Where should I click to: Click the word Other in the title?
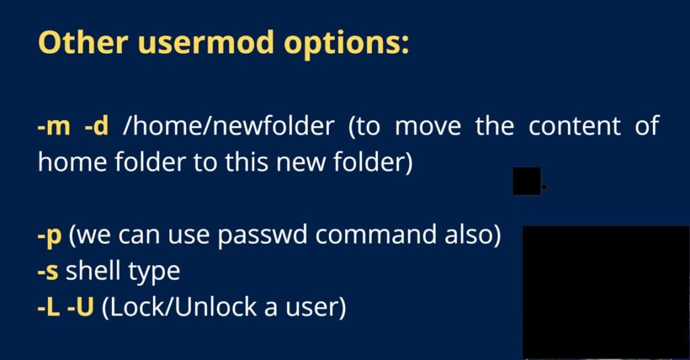(x=83, y=42)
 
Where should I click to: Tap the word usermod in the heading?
(x=206, y=42)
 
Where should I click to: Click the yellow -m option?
(x=54, y=126)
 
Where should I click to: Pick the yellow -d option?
(x=96, y=125)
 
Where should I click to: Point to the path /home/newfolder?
(x=229, y=125)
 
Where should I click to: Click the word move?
(x=428, y=126)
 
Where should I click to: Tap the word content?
(x=574, y=126)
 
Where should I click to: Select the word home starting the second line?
(x=72, y=162)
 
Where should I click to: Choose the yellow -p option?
(x=49, y=236)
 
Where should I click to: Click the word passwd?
(x=263, y=236)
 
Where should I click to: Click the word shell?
(x=93, y=270)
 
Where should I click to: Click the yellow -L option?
(x=49, y=307)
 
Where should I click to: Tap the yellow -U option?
(x=81, y=307)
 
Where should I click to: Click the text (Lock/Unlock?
(x=179, y=307)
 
